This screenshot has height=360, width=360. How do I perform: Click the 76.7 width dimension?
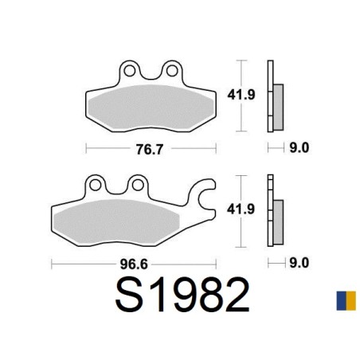[x=149, y=150]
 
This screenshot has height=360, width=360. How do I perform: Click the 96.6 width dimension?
[x=134, y=264]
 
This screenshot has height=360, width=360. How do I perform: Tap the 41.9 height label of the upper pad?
[x=241, y=95]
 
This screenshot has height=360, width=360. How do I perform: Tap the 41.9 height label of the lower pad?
[x=241, y=209]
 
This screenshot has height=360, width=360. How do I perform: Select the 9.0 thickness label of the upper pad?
[x=299, y=148]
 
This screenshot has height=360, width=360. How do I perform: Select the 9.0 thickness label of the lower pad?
[x=299, y=263]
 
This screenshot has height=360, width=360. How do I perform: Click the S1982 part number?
[x=182, y=295]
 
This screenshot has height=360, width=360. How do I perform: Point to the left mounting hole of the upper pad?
[x=129, y=71]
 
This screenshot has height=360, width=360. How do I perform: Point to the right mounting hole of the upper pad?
[x=172, y=71]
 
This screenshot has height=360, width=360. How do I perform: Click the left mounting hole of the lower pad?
[x=95, y=185]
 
